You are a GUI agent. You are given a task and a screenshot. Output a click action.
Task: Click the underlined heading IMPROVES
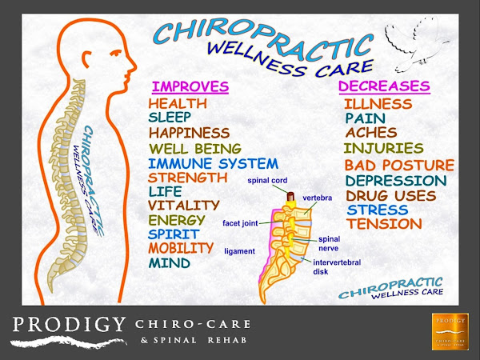coord(190,86)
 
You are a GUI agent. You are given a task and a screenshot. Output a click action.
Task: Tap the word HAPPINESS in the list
coord(189,133)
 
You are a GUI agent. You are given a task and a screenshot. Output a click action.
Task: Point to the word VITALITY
coord(184,206)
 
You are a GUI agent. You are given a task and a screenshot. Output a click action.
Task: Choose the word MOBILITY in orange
coord(181,248)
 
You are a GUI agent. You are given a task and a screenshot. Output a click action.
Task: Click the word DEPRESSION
coord(395,181)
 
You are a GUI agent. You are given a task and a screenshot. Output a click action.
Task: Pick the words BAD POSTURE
coord(398,165)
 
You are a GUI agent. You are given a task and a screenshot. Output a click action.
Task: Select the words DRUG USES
coord(390,195)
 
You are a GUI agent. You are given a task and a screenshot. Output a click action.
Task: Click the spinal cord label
coord(267,181)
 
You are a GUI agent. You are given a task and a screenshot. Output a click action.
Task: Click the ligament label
coord(239,251)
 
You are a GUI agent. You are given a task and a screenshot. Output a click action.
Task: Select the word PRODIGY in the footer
coord(69,325)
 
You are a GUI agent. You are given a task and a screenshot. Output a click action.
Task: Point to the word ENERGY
coord(177,220)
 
